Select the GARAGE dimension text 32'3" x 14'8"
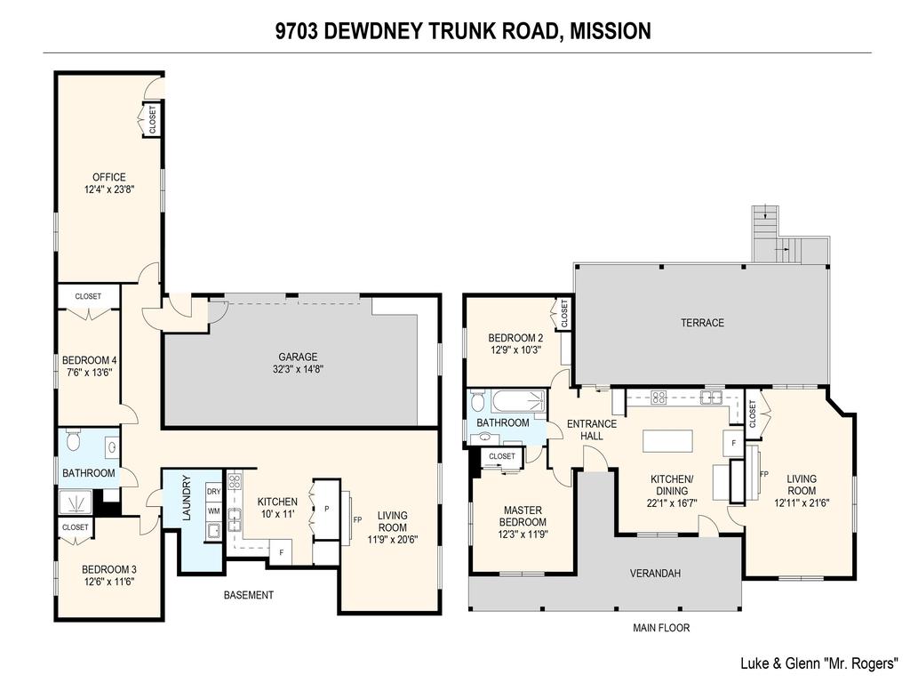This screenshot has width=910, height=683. point(298,369)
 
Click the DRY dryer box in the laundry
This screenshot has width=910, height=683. point(213,492)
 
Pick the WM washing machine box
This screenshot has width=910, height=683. point(213,511)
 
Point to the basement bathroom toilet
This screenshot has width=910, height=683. point(75,440)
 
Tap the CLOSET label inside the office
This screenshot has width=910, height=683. point(151,119)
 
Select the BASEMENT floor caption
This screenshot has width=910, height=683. point(248,595)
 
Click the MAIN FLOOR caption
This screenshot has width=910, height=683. point(660,628)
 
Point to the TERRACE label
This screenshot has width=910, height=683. point(702,323)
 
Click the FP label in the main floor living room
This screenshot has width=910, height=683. point(763,474)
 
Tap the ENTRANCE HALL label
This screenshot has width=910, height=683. point(591,430)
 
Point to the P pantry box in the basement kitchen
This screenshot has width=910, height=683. point(326,509)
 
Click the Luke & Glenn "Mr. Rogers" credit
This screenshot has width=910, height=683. point(819,663)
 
